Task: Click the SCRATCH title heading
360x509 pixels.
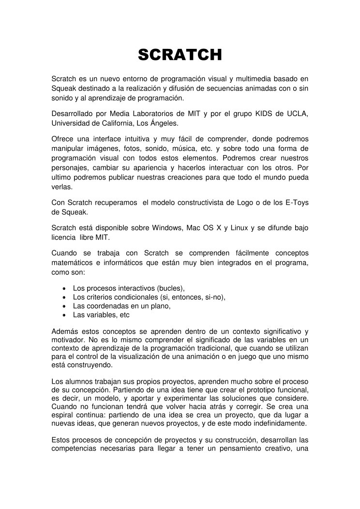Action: click(x=180, y=55)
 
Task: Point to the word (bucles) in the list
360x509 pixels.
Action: click(x=171, y=288)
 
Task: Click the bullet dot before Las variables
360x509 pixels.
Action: click(x=65, y=315)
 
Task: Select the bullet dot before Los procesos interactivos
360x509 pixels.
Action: click(x=65, y=288)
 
